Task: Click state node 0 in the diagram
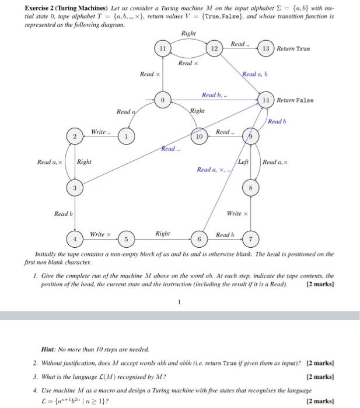click(163, 100)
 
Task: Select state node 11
click(163, 48)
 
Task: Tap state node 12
click(214, 48)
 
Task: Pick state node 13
click(265, 48)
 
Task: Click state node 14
click(265, 100)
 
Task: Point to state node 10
click(199, 136)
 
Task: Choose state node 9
click(250, 136)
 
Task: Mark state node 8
click(250, 188)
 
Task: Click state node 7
click(250, 239)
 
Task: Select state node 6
click(199, 239)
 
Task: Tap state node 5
click(126, 239)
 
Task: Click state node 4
click(74, 239)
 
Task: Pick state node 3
click(74, 188)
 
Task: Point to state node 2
click(74, 136)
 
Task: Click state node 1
click(126, 136)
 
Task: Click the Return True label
click(293, 48)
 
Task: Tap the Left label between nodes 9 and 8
click(243, 161)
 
